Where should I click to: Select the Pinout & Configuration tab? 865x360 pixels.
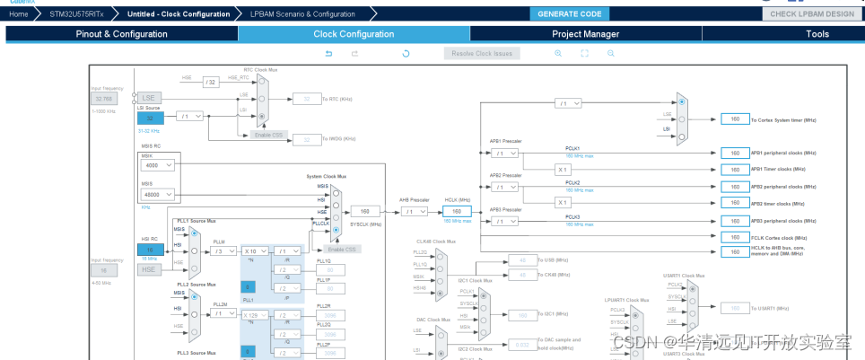tap(121, 34)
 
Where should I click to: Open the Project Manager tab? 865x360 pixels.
tap(585, 34)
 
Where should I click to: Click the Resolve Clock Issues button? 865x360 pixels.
tap(482, 53)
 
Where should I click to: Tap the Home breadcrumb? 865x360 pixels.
tap(20, 14)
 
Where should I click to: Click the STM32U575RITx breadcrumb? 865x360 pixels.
tap(77, 14)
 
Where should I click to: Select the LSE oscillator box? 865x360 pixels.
tap(149, 97)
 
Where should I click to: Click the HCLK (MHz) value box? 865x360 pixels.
tap(457, 210)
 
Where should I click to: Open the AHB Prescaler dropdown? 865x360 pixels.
tap(415, 211)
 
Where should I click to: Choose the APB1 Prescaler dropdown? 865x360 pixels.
tap(505, 153)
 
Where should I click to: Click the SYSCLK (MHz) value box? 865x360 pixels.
tap(365, 211)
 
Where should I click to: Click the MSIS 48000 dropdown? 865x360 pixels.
tap(158, 194)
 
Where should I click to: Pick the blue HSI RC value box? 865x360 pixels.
tap(150, 250)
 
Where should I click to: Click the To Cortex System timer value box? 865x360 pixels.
tap(735, 119)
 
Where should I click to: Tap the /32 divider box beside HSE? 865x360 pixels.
tap(211, 82)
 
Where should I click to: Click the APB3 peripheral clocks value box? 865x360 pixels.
tap(735, 221)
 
